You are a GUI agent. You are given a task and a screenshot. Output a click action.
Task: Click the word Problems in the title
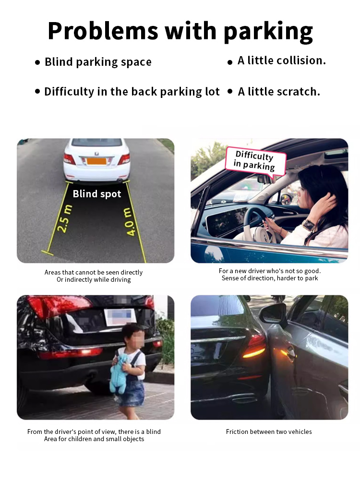[x=103, y=31]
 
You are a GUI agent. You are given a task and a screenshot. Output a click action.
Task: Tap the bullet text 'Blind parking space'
[x=98, y=62]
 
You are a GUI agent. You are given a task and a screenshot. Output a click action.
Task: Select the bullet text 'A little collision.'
[x=282, y=60]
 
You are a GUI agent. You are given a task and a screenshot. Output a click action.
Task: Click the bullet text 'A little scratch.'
[x=279, y=92]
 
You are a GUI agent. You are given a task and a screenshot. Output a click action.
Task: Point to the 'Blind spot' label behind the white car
[x=97, y=194]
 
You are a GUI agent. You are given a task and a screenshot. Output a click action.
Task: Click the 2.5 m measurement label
[x=65, y=218]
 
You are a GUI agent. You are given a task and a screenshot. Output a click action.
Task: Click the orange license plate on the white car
[x=96, y=161]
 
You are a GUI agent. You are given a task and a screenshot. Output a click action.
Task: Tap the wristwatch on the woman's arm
[x=309, y=225]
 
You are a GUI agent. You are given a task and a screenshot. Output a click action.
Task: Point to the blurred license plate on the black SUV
[x=120, y=317]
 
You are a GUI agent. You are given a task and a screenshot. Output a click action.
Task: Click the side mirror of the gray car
[x=273, y=315]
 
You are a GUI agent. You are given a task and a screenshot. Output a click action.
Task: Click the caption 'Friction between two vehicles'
[x=269, y=432]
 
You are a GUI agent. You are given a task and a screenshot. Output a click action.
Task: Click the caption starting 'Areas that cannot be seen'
[x=94, y=276]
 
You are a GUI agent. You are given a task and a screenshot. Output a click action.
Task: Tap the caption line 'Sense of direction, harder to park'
[x=270, y=278]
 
